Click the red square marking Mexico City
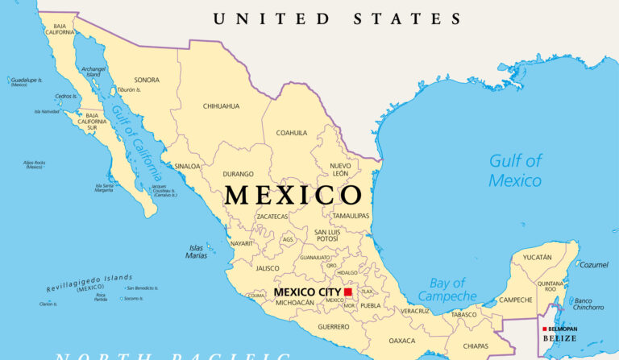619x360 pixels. pyautogui.click(x=348, y=292)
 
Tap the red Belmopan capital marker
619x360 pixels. pyautogui.click(x=544, y=329)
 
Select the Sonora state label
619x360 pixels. pyautogui.click(x=147, y=80)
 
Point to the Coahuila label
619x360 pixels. pyautogui.click(x=292, y=133)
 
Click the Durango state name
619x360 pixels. pyautogui.click(x=238, y=174)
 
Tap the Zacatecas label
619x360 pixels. pyautogui.click(x=272, y=217)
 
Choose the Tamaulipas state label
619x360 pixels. pyautogui.click(x=351, y=216)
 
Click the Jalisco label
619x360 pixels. pyautogui.click(x=268, y=268)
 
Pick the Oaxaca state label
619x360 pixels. pyautogui.click(x=401, y=341)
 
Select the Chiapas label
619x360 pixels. pyautogui.click(x=476, y=346)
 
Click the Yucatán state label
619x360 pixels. pyautogui.click(x=538, y=257)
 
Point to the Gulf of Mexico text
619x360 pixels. pyautogui.click(x=516, y=170)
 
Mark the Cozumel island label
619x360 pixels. pyautogui.click(x=594, y=265)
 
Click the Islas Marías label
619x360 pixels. pyautogui.click(x=197, y=251)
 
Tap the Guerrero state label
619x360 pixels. pyautogui.click(x=334, y=326)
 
